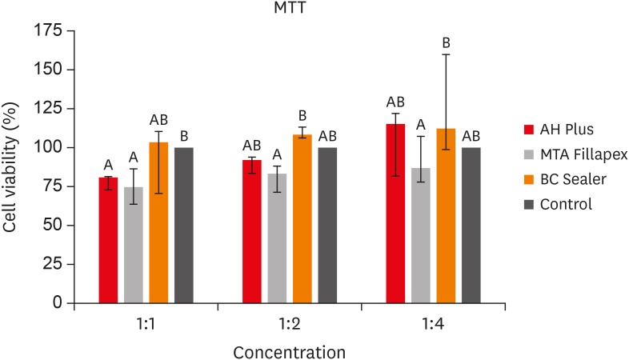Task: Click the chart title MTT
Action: tap(289, 8)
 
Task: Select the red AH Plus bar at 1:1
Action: tap(108, 240)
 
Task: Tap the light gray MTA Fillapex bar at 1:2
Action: tap(277, 238)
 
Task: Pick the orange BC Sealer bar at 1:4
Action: tap(446, 216)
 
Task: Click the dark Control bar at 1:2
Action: tap(327, 226)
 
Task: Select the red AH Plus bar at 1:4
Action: tap(395, 214)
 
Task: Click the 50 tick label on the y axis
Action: tap(53, 226)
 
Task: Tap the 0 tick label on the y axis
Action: tap(58, 302)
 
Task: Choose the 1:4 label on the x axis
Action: tap(433, 324)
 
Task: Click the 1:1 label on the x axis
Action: tap(146, 324)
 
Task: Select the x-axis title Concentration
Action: tap(289, 353)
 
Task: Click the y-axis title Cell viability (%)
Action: tap(10, 167)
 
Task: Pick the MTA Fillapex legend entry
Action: tap(575, 154)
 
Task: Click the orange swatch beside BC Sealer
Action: tap(529, 179)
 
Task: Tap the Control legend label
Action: tap(566, 205)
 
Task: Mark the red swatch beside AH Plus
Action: tap(529, 130)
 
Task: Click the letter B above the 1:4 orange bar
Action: tap(446, 43)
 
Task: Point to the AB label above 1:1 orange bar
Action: tap(159, 120)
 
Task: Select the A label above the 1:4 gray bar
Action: tap(420, 126)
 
